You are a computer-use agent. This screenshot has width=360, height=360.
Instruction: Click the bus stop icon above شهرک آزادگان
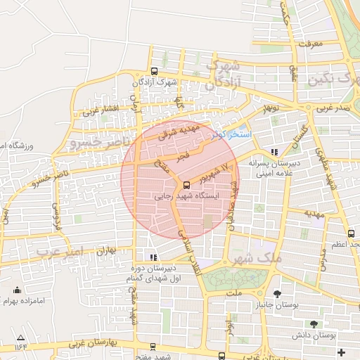pos(154,71)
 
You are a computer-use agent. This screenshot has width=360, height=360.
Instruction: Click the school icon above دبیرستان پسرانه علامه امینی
pos(274,151)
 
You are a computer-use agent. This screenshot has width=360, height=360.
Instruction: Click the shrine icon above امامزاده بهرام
pos(18,290)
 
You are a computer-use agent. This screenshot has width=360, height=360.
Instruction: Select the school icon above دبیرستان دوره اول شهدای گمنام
pos(153,257)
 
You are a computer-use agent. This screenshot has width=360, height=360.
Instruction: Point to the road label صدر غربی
pos(333,109)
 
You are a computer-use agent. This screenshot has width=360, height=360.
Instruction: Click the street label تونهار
pos(270,110)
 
